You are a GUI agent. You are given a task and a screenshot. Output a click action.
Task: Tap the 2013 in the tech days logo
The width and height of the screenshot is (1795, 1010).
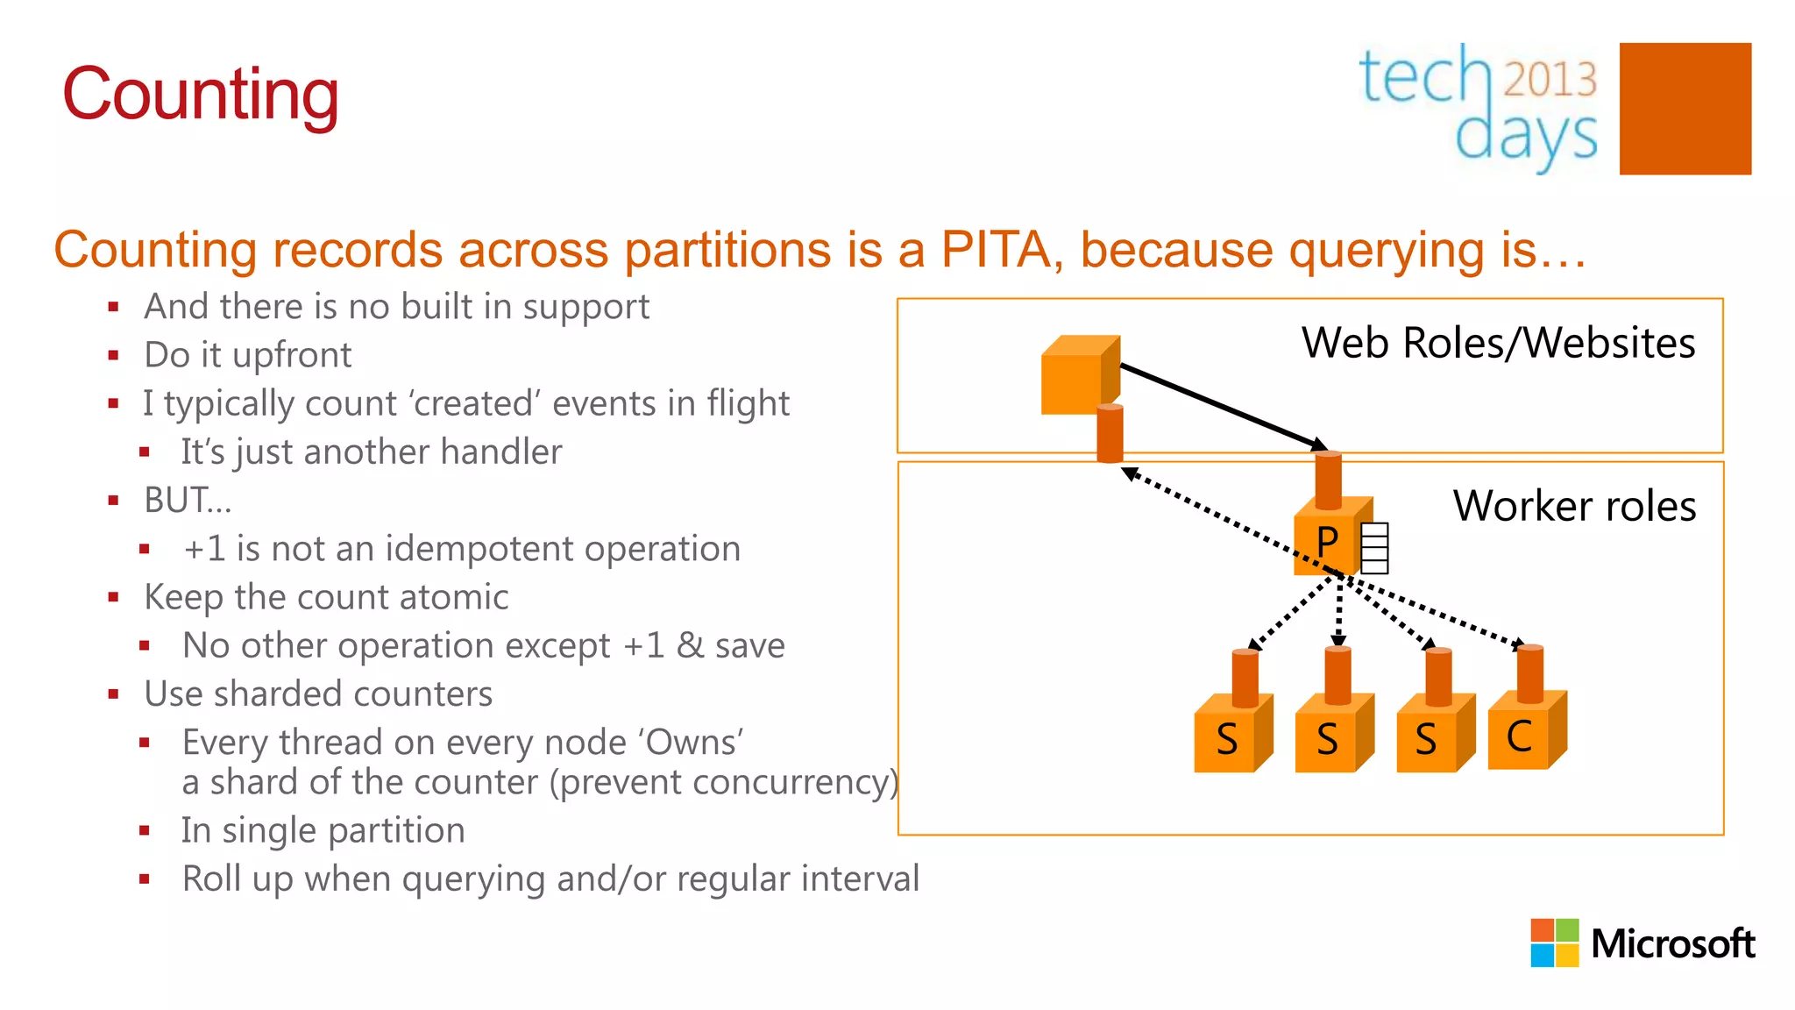1550,79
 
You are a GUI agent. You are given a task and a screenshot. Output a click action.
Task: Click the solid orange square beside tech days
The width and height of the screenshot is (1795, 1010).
1685,109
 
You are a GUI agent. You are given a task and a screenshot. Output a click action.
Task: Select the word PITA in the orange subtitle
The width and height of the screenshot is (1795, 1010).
997,249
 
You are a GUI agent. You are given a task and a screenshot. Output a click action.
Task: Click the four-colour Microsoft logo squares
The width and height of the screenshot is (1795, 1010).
1554,942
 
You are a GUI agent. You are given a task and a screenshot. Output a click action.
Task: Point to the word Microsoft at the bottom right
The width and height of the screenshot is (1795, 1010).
1672,944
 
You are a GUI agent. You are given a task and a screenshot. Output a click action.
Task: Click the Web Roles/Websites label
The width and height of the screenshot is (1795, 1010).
1498,343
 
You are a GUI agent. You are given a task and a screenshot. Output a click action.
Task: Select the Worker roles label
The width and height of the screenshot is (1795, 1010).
1574,506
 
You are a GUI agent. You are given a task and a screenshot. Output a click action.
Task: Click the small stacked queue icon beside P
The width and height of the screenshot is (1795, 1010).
1374,548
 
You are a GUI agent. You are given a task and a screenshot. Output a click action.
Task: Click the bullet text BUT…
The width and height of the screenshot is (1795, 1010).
188,501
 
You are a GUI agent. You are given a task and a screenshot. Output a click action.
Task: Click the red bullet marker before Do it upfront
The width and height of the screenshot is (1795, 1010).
113,355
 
